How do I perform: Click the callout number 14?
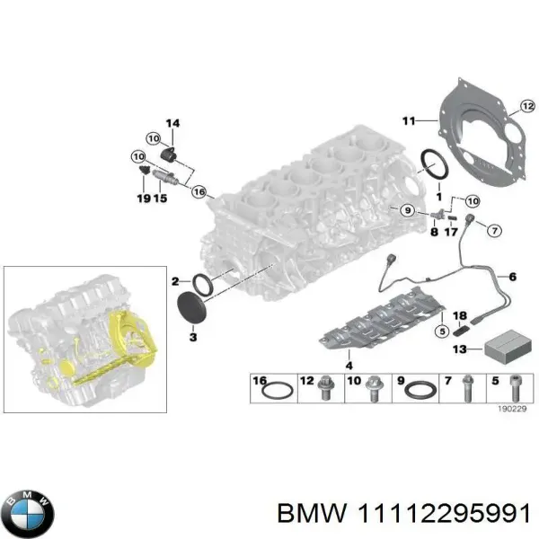[x=172, y=123]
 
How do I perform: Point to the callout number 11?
[x=408, y=119]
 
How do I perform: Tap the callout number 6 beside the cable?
[x=513, y=277]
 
